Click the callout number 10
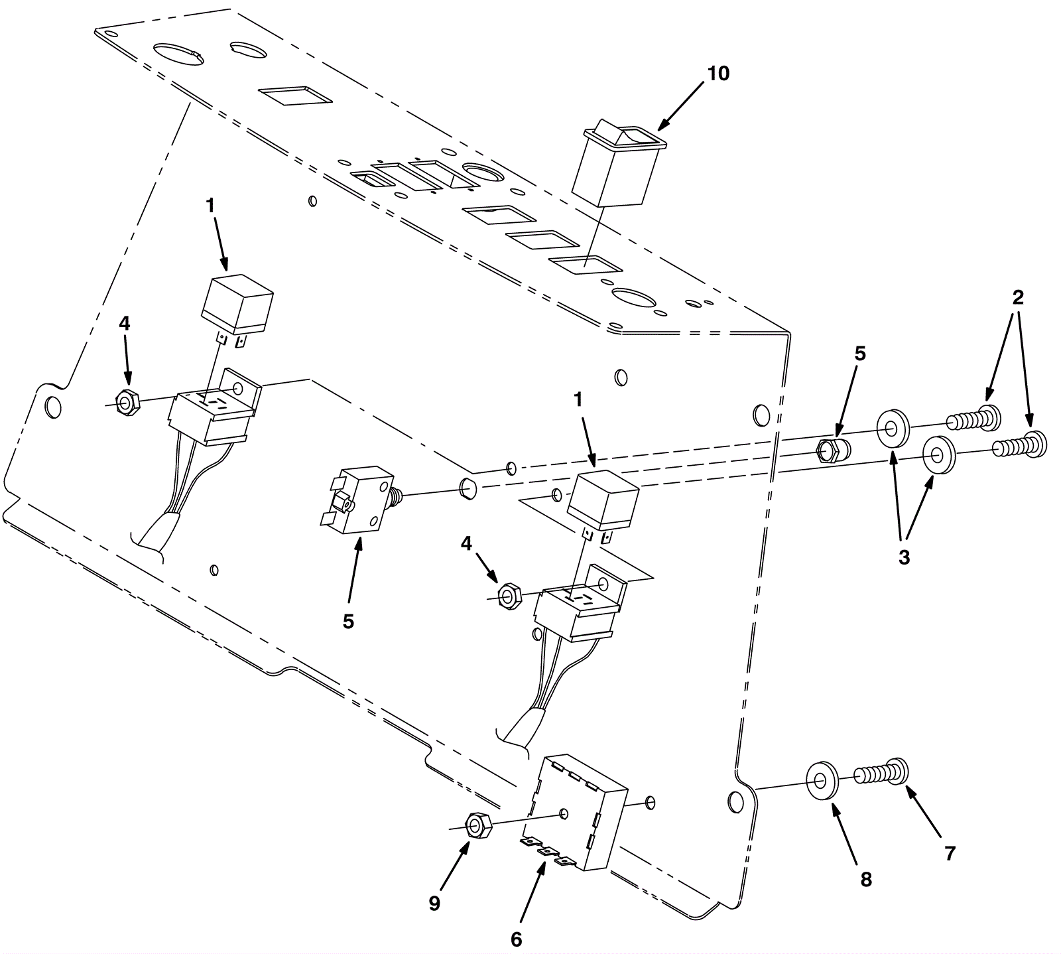click(x=718, y=74)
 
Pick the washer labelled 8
click(x=822, y=781)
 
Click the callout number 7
click(x=950, y=854)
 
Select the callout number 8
click(x=865, y=880)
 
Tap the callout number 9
click(x=434, y=904)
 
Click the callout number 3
click(x=904, y=557)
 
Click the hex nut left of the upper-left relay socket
click(x=126, y=401)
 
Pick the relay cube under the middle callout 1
click(x=604, y=502)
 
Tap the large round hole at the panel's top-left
click(x=178, y=54)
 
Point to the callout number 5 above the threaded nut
click(x=859, y=354)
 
